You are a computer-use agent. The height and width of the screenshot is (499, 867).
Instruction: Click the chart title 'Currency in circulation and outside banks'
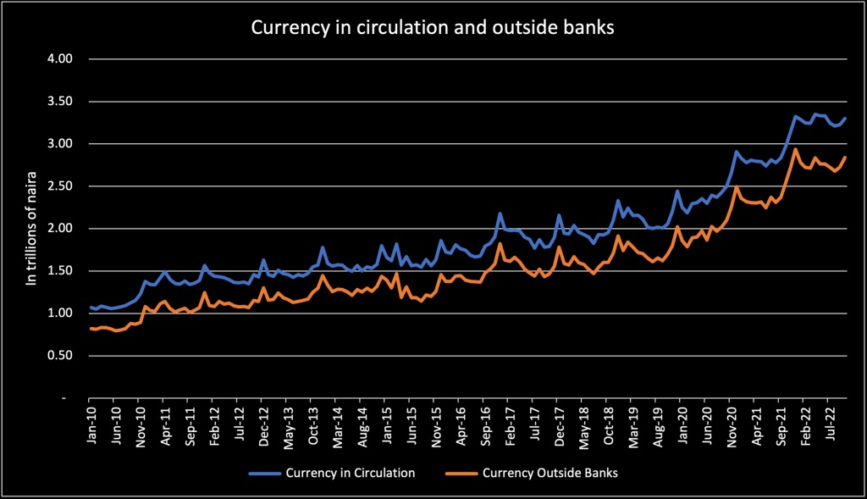433,28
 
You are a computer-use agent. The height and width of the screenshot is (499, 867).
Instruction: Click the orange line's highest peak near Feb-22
796,149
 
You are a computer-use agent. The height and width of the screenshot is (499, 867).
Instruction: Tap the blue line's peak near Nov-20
737,152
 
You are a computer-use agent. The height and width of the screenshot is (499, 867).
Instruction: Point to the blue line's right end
845,119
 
